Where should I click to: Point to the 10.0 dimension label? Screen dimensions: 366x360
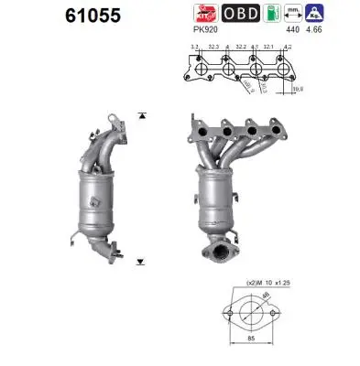click(x=299, y=90)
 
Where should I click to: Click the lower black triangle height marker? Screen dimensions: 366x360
click(x=141, y=261)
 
